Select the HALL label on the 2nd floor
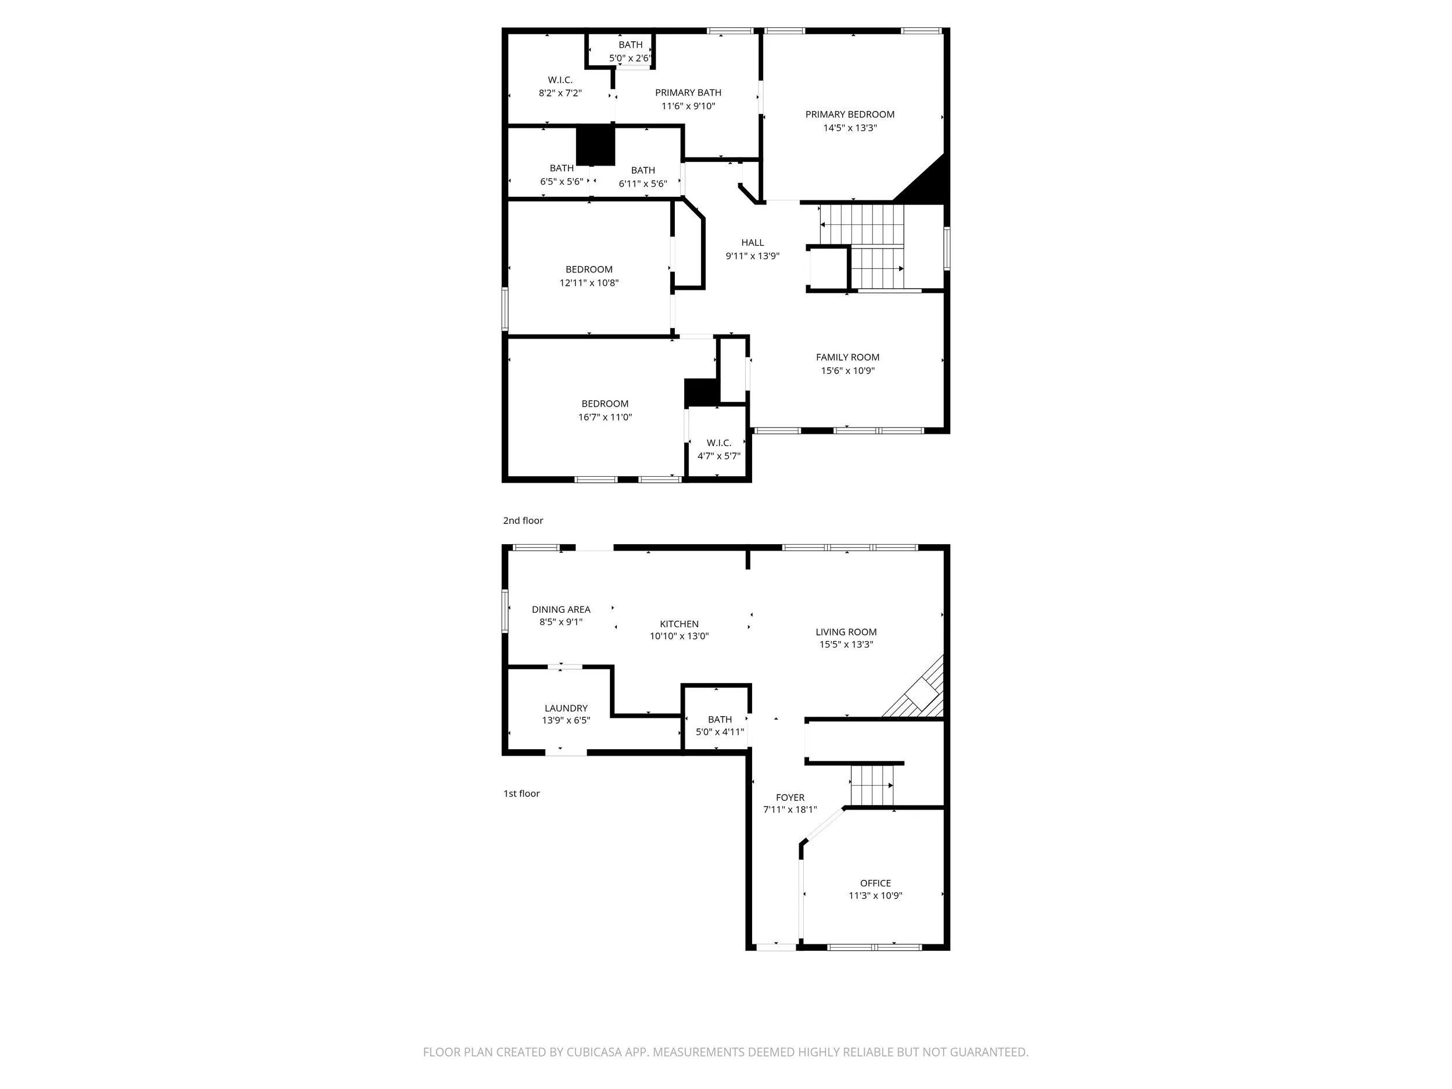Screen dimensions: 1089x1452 coord(752,242)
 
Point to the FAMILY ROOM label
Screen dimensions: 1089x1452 coord(847,357)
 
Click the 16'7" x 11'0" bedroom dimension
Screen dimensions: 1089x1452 coord(605,417)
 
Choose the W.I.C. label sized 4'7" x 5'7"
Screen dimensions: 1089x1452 coord(719,443)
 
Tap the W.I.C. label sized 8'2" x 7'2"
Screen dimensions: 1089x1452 coord(560,80)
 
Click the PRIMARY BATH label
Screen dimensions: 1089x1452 coord(688,92)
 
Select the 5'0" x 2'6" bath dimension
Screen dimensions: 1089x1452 coord(630,57)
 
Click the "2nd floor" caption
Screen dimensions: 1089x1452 coord(523,520)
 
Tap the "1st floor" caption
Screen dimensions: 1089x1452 coord(521,793)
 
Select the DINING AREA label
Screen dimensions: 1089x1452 coord(560,609)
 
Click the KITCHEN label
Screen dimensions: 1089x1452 coord(679,624)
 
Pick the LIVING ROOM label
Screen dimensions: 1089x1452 coord(846,632)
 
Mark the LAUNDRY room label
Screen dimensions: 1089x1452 coord(566,708)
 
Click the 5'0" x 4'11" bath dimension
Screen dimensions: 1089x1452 coord(720,732)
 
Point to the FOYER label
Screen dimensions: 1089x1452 coord(790,797)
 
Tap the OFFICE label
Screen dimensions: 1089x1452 coord(875,883)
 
